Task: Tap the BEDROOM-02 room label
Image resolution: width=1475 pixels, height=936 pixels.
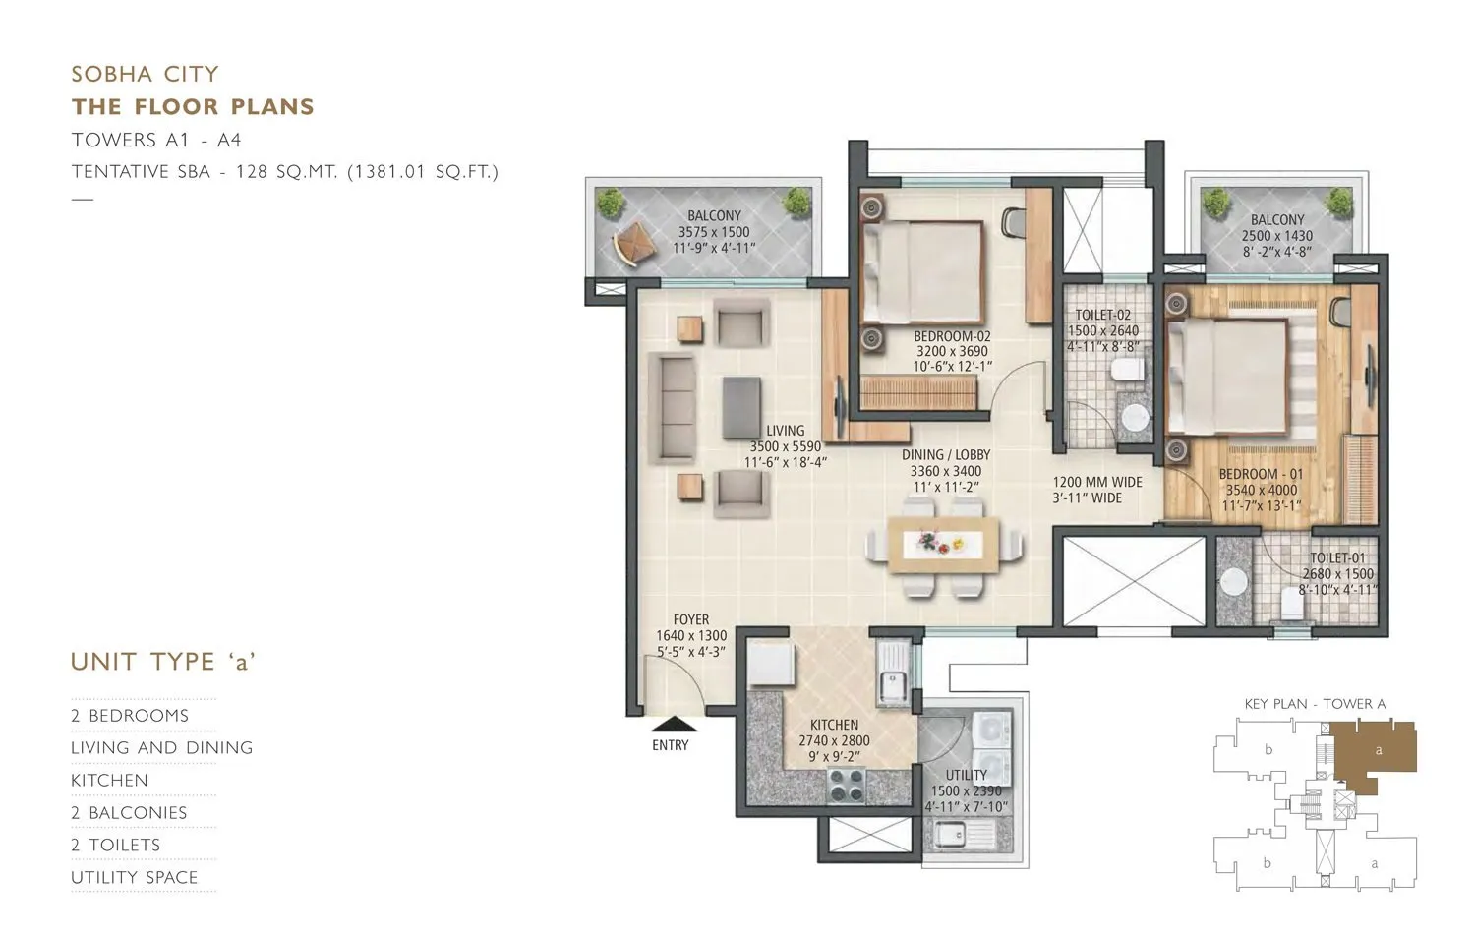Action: click(x=951, y=336)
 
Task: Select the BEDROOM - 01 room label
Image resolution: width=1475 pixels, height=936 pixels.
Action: click(x=1262, y=474)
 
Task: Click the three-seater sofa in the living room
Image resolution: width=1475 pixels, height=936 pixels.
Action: click(x=676, y=407)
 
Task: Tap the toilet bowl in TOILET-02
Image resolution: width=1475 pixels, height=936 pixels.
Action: click(x=1125, y=370)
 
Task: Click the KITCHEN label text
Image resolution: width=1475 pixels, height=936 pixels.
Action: click(x=834, y=725)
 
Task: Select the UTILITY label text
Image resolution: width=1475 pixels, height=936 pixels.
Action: click(x=966, y=775)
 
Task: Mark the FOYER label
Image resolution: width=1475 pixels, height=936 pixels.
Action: click(x=691, y=619)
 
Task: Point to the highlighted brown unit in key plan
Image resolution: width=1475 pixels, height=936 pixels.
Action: click(x=1377, y=754)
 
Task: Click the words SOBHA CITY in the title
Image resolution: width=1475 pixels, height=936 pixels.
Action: click(x=146, y=74)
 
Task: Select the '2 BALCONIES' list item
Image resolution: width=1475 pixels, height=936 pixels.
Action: click(x=129, y=812)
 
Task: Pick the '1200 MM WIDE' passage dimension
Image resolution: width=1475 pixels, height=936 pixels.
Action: click(x=1097, y=482)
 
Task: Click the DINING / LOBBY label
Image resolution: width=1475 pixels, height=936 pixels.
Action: click(x=945, y=455)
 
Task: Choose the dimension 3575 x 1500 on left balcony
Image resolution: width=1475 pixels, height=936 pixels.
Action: click(x=713, y=232)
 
